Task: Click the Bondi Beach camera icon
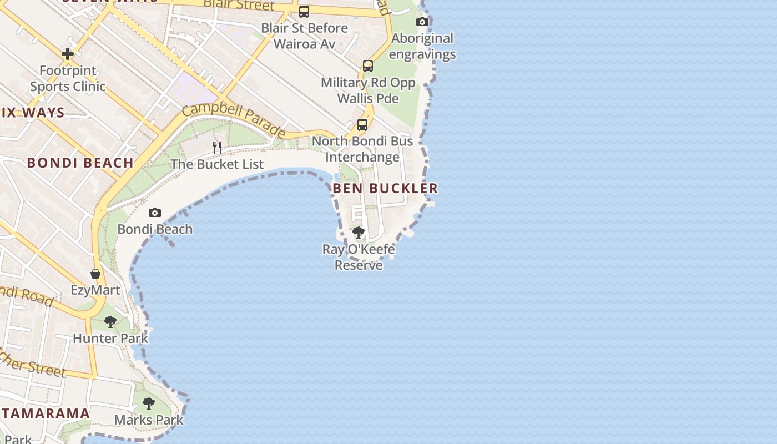(155, 213)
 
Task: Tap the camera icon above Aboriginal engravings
(422, 22)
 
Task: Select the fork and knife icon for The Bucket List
(217, 148)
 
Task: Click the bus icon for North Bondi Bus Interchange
(362, 125)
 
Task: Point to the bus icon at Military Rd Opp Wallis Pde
(368, 66)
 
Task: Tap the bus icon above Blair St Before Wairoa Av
(304, 12)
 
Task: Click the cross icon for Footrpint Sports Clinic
(68, 54)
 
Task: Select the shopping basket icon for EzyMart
(95, 274)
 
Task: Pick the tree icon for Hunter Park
(110, 321)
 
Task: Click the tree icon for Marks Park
(148, 403)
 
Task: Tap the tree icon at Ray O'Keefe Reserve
(359, 233)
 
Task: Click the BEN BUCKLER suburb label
(385, 189)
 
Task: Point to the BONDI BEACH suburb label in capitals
(80, 163)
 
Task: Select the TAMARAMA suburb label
(46, 413)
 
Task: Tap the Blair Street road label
(239, 5)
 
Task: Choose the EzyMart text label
(95, 290)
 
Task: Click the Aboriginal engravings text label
(422, 46)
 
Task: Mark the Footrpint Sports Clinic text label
(68, 79)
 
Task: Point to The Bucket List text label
(217, 164)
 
